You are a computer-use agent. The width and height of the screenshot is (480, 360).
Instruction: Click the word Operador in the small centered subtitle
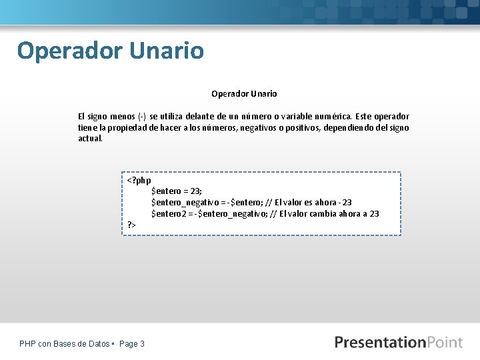pyautogui.click(x=229, y=94)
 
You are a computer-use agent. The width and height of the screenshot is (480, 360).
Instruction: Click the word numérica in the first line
pyautogui.click(x=343, y=116)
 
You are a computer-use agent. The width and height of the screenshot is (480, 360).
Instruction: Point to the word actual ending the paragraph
pyautogui.click(x=90, y=139)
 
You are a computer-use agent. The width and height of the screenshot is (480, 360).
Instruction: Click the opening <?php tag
pyautogui.click(x=139, y=180)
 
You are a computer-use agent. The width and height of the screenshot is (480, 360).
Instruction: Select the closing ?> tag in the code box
pyautogui.click(x=131, y=225)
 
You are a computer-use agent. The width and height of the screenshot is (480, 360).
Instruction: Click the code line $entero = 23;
pyautogui.click(x=177, y=191)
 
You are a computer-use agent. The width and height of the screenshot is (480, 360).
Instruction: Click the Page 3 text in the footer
pyautogui.click(x=132, y=344)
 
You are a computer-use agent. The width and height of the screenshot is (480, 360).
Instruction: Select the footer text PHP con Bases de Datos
pyautogui.click(x=65, y=344)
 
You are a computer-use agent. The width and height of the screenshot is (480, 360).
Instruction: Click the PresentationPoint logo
pyautogui.click(x=398, y=343)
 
